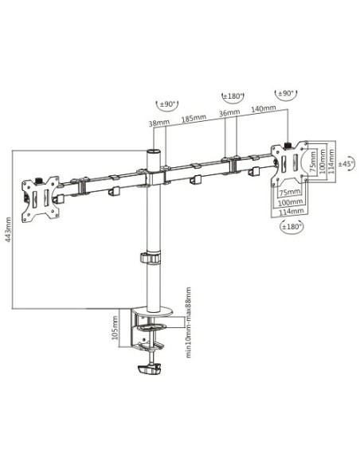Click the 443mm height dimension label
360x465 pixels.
tap(8, 231)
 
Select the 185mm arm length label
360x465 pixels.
tap(194, 117)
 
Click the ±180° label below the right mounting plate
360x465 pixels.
tap(291, 228)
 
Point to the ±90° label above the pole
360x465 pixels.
tap(166, 104)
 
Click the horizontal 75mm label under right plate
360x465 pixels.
tap(289, 192)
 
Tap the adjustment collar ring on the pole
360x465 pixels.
tap(149, 258)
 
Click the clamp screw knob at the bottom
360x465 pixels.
tap(151, 371)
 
